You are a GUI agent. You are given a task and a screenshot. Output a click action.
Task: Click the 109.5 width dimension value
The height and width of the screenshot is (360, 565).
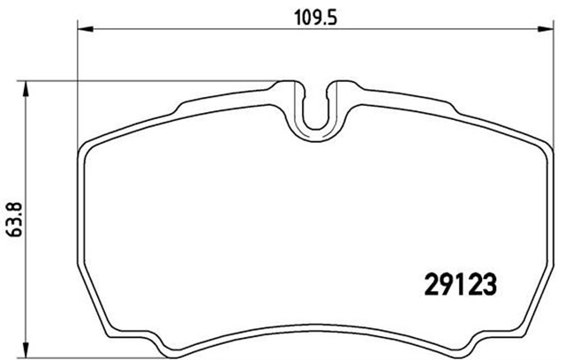tap(312, 16)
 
